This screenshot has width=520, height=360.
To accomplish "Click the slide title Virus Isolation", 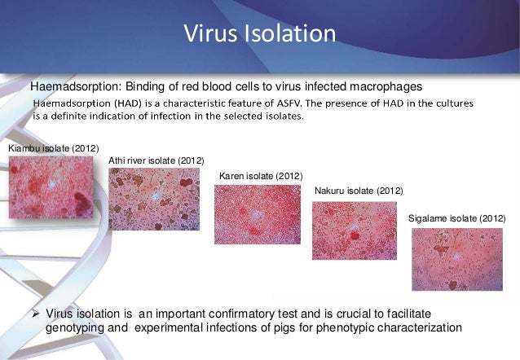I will click(x=259, y=35).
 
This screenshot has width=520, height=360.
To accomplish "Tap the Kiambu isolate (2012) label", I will click(x=53, y=148).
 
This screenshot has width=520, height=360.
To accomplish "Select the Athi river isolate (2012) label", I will click(x=156, y=160).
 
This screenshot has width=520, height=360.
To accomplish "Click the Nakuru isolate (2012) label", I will click(x=358, y=191).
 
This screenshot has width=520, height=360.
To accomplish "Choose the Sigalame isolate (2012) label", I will click(x=456, y=219).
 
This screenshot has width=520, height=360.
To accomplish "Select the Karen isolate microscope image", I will click(x=257, y=214).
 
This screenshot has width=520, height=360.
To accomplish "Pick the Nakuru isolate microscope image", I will click(x=355, y=230).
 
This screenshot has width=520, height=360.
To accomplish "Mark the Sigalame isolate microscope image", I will click(x=456, y=259).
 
